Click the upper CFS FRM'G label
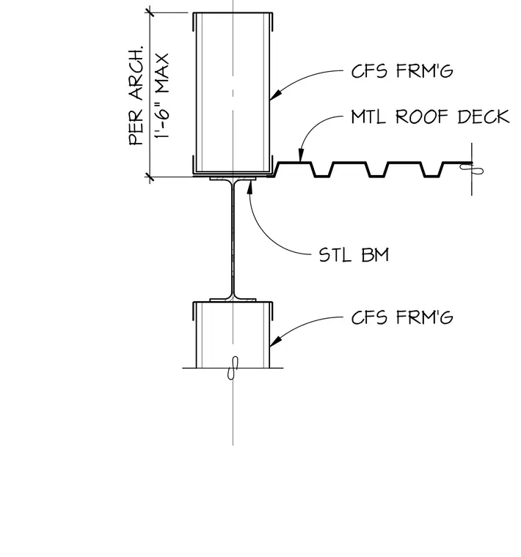[402, 71]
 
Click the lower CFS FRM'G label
[402, 317]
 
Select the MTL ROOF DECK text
[430, 117]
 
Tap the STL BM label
[354, 255]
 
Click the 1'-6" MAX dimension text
[161, 97]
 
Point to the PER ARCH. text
[136, 95]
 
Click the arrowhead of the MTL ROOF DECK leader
[301, 155]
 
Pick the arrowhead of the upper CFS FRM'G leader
[276, 95]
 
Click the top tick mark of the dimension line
[150, 12]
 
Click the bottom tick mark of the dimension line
[150, 177]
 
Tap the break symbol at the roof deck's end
[473, 169]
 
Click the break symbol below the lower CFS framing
[233, 368]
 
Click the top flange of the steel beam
[233, 179]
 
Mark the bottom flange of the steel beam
[233, 300]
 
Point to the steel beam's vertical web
[233, 240]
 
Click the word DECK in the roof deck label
[484, 117]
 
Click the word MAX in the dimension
[161, 74]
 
